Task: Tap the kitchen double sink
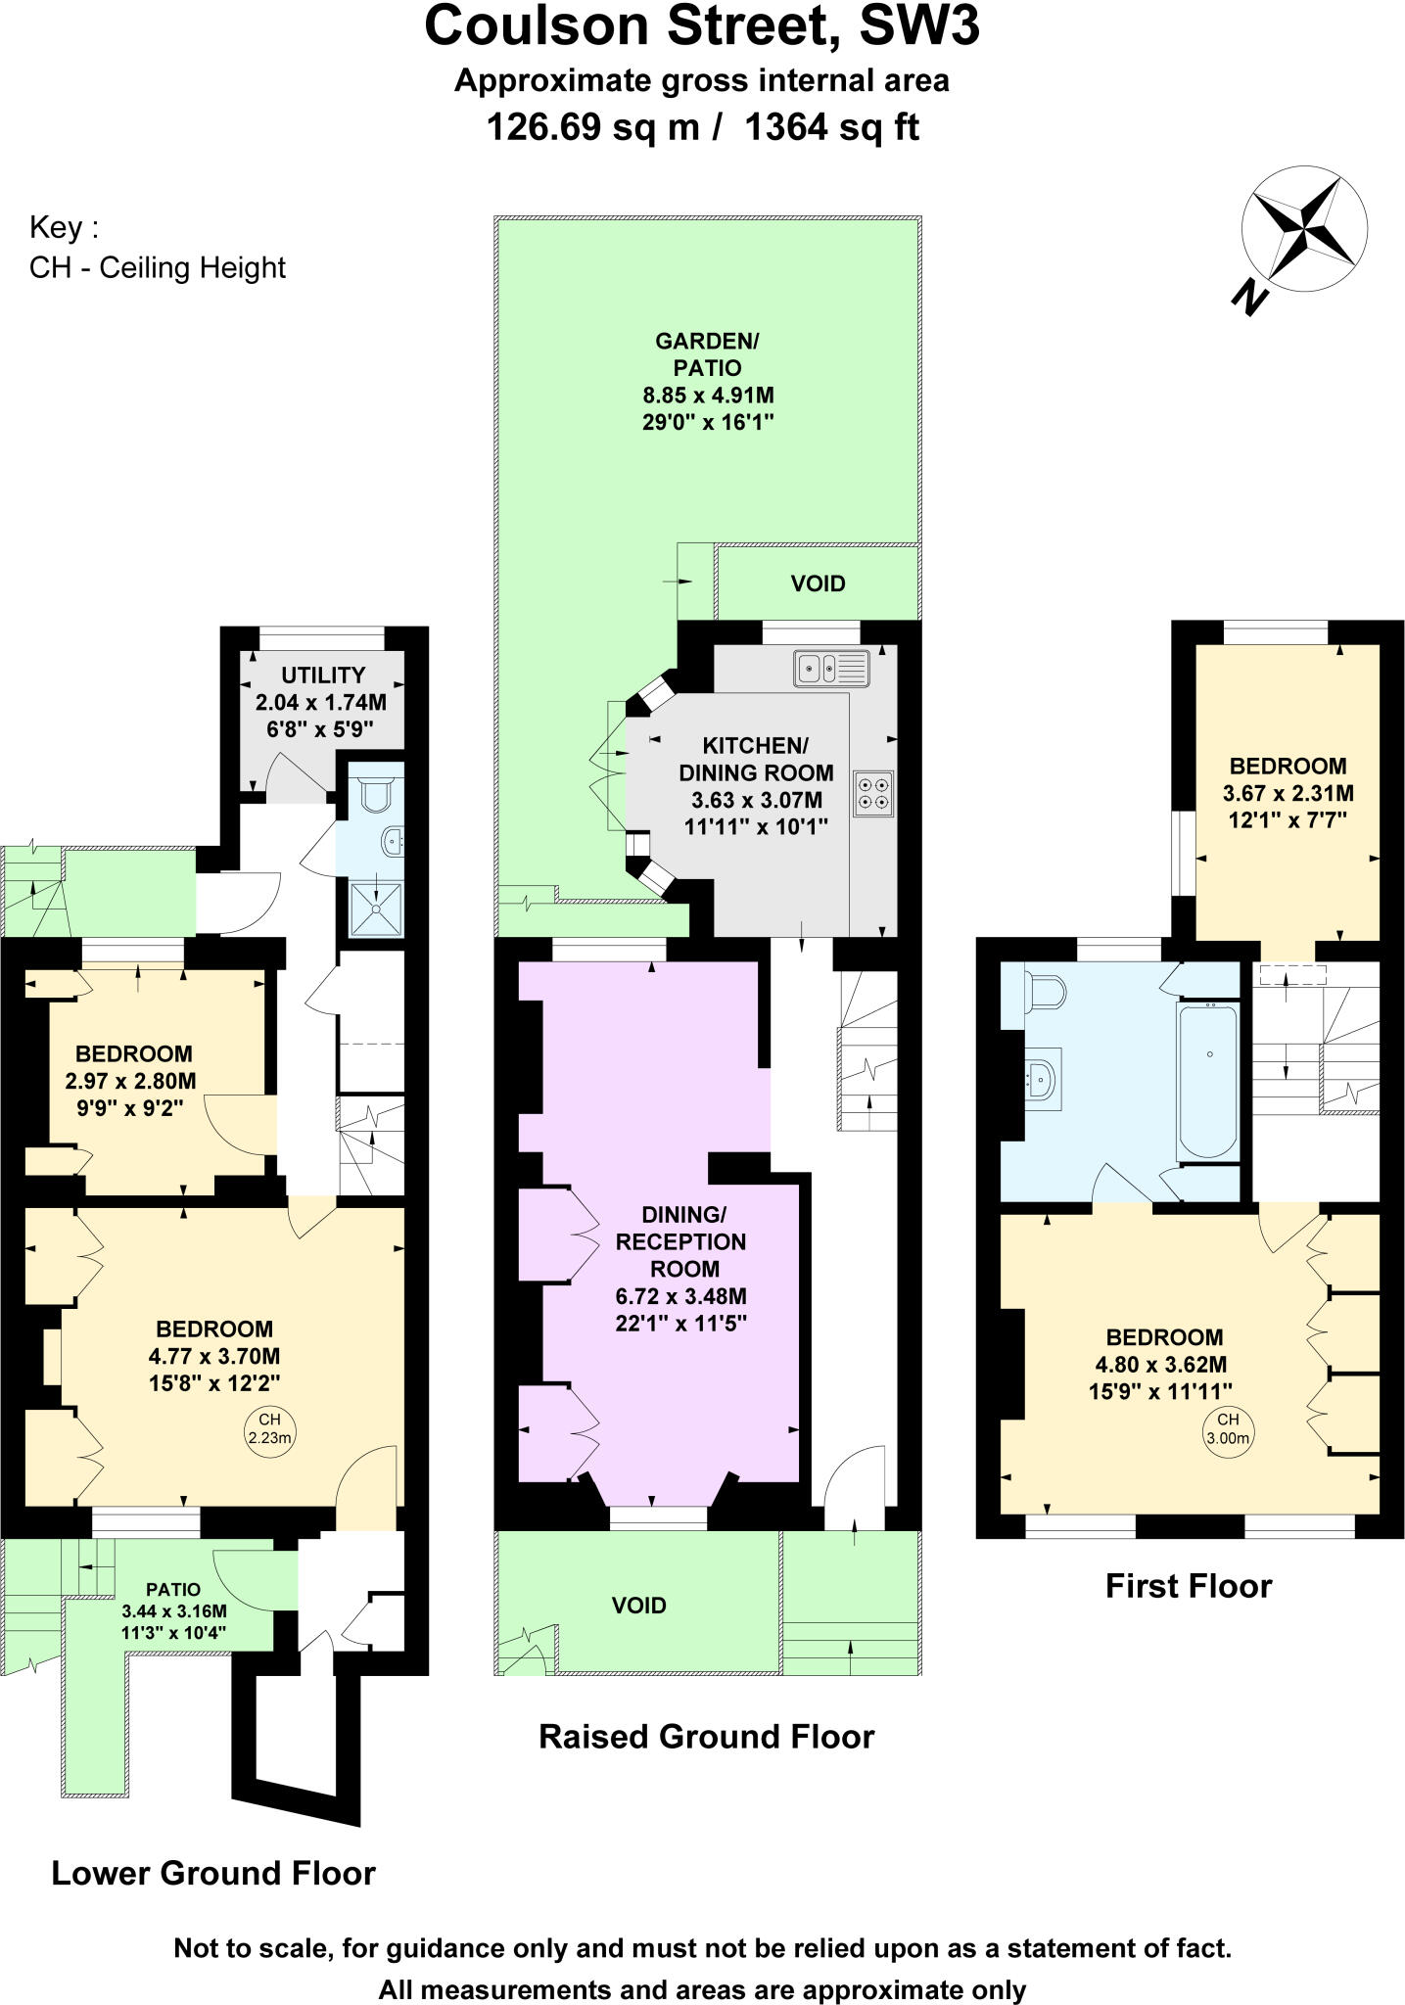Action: [830, 669]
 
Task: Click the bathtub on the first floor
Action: [1210, 1080]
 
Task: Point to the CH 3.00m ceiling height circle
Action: [1228, 1428]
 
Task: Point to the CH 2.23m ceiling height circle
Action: [269, 1428]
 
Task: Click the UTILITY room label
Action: [323, 675]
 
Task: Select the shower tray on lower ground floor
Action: [376, 909]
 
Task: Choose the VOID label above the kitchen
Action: [818, 583]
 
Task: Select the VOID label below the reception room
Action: [638, 1606]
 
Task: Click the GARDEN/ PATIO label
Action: [707, 354]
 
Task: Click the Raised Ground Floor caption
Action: [706, 1737]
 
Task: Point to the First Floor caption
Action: [1188, 1585]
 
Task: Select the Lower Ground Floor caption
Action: [213, 1873]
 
